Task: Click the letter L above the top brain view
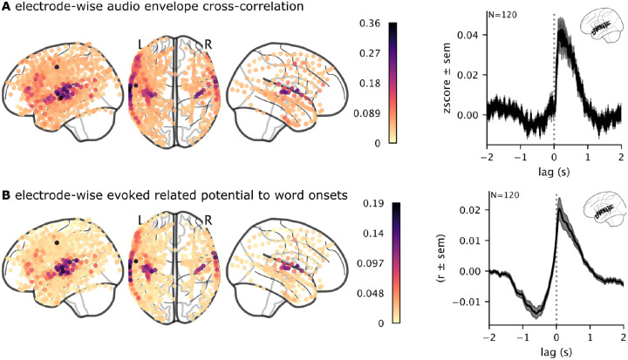click(140, 42)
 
